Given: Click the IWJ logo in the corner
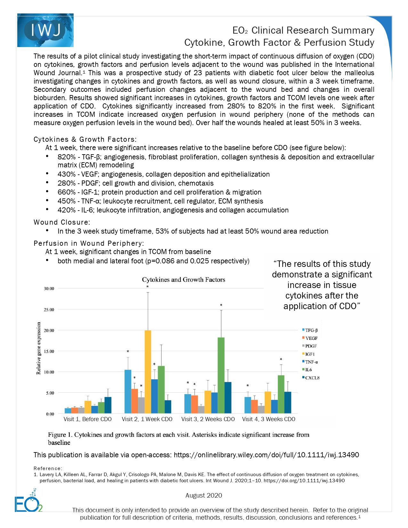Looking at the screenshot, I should click(45, 30).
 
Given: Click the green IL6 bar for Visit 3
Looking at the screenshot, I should click(221, 375).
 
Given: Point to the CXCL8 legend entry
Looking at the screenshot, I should click(312, 378).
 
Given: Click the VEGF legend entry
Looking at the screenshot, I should click(311, 338).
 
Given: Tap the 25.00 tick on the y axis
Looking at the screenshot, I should click(49, 310).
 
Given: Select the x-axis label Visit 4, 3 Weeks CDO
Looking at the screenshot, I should click(268, 419).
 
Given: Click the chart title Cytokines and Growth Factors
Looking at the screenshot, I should click(183, 280).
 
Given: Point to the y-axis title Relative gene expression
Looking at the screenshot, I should click(39, 348).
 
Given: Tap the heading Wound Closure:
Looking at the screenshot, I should click(62, 222).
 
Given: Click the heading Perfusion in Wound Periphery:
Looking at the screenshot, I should click(89, 243).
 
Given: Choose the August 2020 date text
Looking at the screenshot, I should click(204, 495).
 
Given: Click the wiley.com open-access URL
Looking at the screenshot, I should click(266, 455).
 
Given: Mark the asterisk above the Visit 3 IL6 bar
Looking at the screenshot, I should click(221, 305).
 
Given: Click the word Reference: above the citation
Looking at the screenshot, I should click(48, 468).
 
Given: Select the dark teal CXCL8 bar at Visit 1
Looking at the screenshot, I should click(108, 405).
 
